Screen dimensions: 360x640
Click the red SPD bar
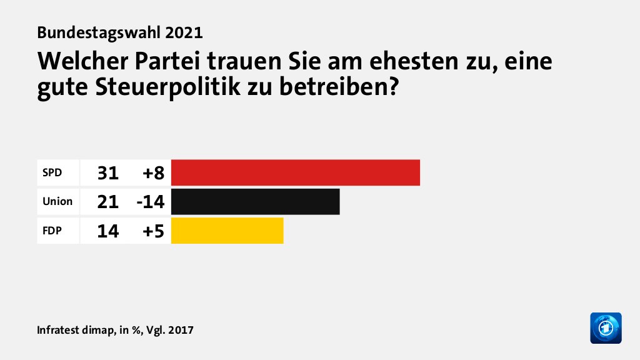(x=295, y=172)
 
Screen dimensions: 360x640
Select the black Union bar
(x=255, y=201)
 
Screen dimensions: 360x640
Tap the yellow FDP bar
(x=227, y=231)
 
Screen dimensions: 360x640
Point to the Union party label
(x=57, y=201)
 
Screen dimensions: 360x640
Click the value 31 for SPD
(x=107, y=172)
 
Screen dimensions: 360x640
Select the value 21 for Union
(x=107, y=201)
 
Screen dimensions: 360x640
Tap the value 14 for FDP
(x=107, y=231)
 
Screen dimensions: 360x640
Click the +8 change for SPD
(x=153, y=172)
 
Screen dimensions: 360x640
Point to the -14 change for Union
(x=150, y=201)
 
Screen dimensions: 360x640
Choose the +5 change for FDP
(x=153, y=231)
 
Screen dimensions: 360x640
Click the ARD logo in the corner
(x=606, y=327)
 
